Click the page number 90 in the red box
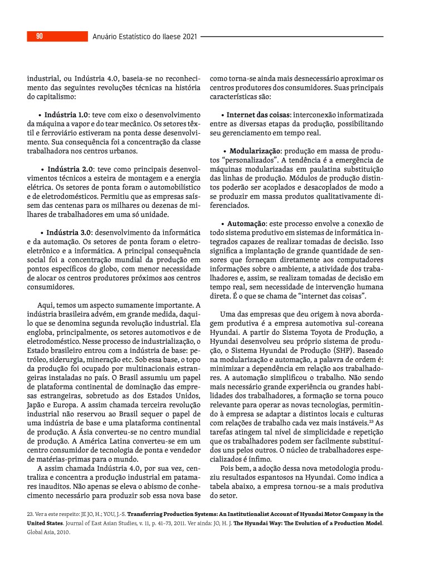40,37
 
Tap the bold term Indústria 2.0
70,169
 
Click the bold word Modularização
255,151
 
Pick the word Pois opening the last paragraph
229,469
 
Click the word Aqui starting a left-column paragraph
46,305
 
